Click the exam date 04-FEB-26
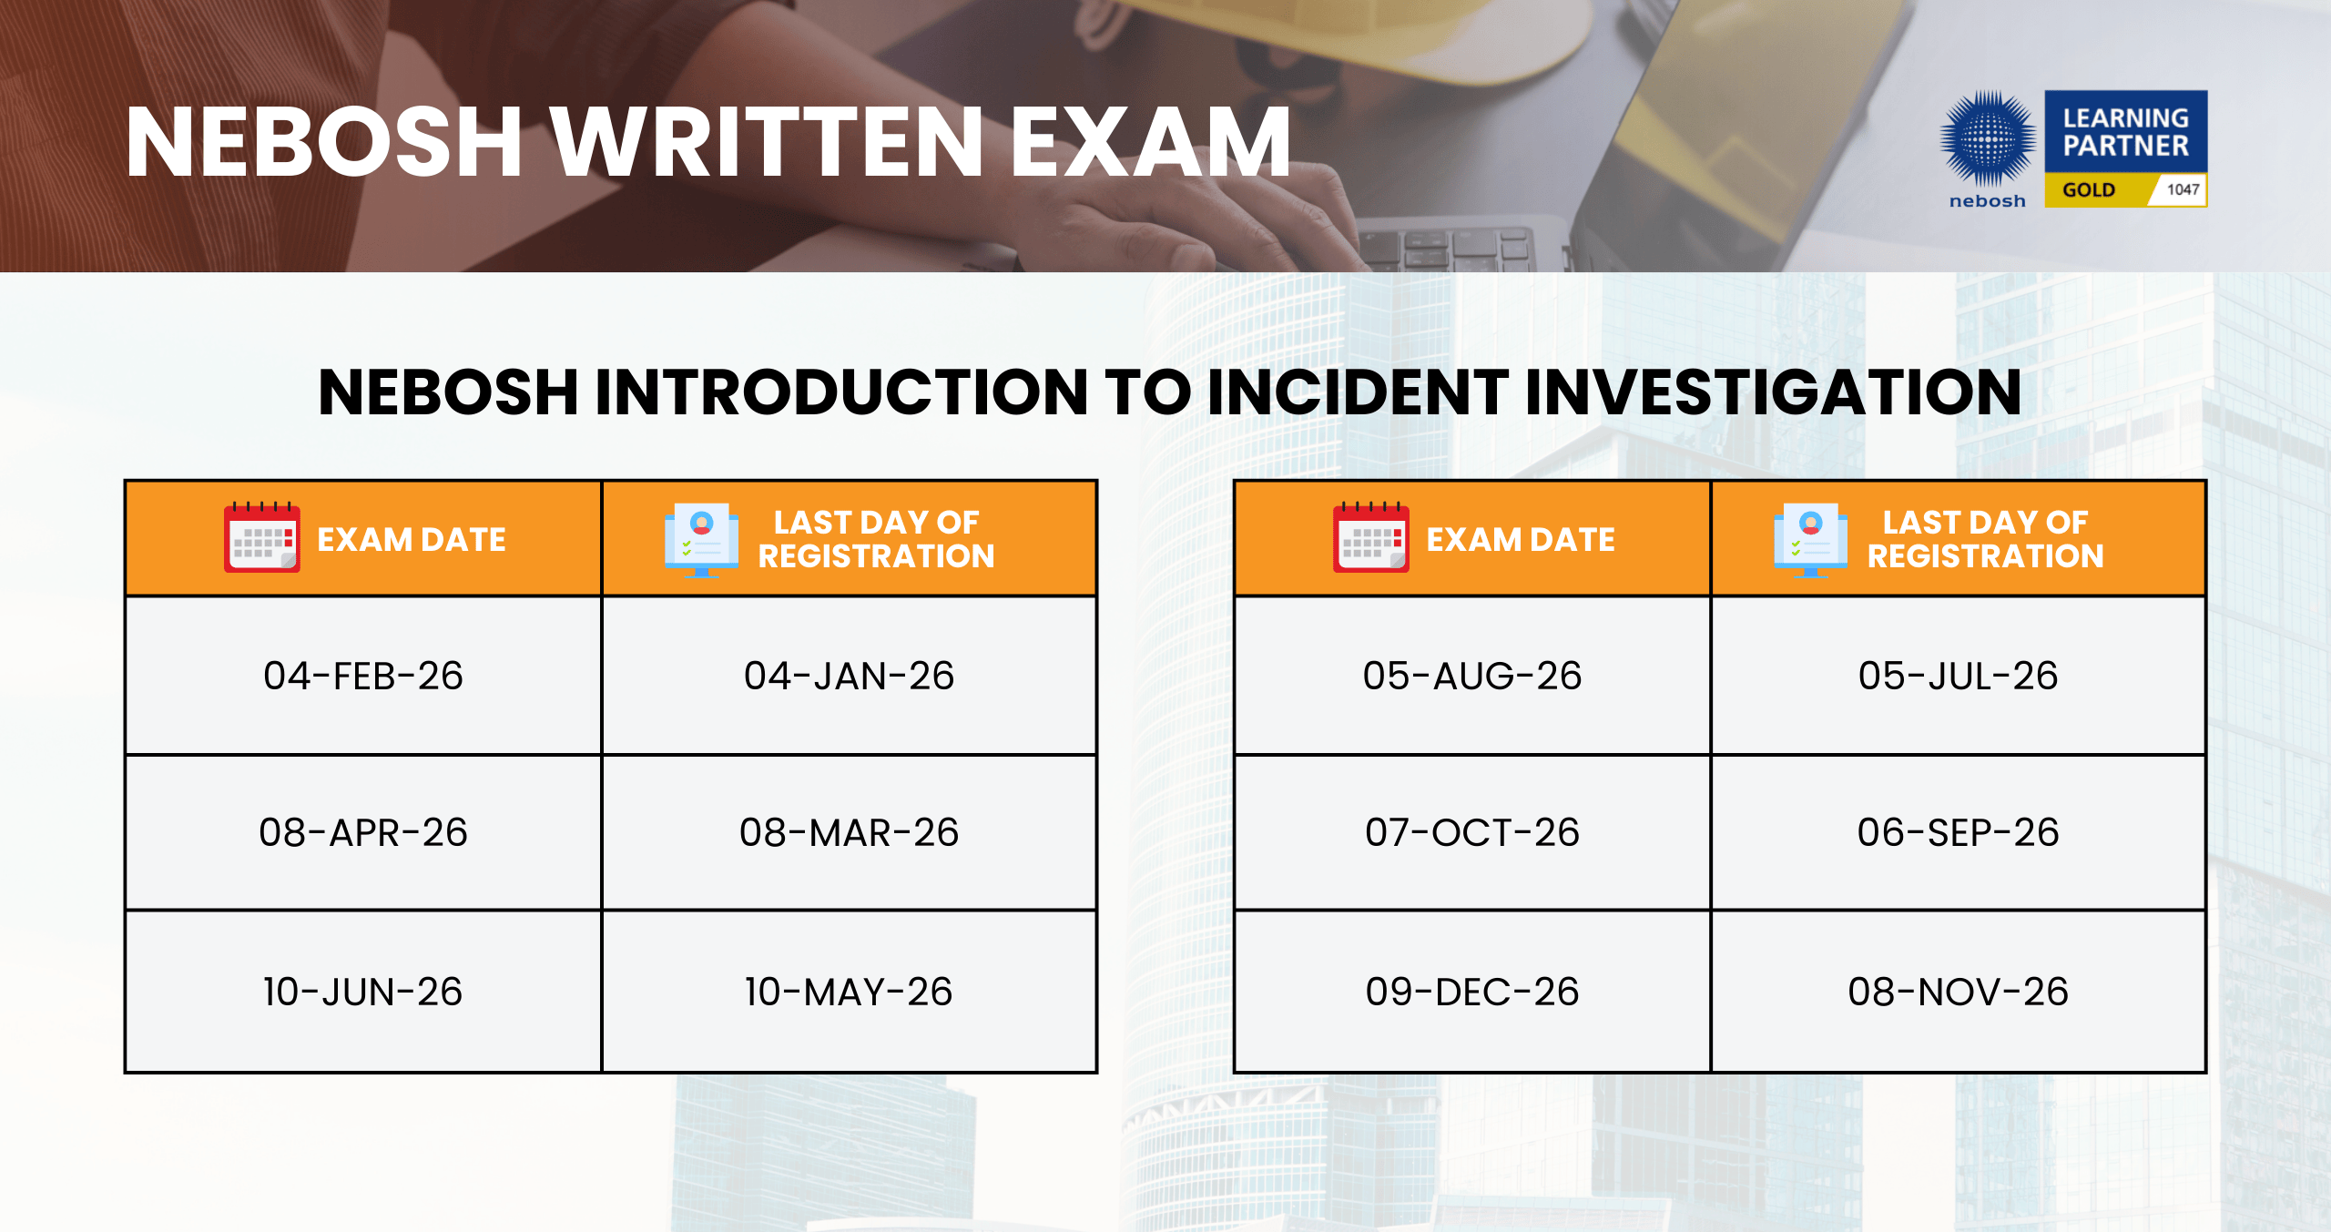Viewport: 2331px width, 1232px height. (x=362, y=676)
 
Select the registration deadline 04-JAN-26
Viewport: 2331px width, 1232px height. (x=849, y=676)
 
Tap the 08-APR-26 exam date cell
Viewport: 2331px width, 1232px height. (x=362, y=832)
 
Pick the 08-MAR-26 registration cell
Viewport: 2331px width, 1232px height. (x=849, y=832)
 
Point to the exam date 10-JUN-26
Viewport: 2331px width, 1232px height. (x=362, y=992)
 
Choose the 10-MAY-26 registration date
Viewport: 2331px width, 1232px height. (x=849, y=992)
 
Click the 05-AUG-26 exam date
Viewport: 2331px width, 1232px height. (x=1471, y=676)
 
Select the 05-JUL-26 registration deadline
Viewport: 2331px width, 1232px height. (x=1958, y=676)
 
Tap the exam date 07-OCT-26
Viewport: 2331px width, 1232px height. (x=1471, y=832)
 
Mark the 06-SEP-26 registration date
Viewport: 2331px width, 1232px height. (x=1958, y=832)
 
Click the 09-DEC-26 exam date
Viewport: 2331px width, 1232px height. (x=1471, y=992)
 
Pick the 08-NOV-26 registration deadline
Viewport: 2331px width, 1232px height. (x=1958, y=992)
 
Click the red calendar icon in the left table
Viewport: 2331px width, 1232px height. (x=261, y=537)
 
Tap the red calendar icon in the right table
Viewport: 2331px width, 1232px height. (x=1370, y=537)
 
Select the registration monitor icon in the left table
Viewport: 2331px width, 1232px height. (x=701, y=540)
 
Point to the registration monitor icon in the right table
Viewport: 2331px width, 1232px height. (x=1810, y=540)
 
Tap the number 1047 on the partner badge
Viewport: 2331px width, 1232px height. (x=2183, y=189)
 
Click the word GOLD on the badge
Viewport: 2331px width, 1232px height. (x=2088, y=190)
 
